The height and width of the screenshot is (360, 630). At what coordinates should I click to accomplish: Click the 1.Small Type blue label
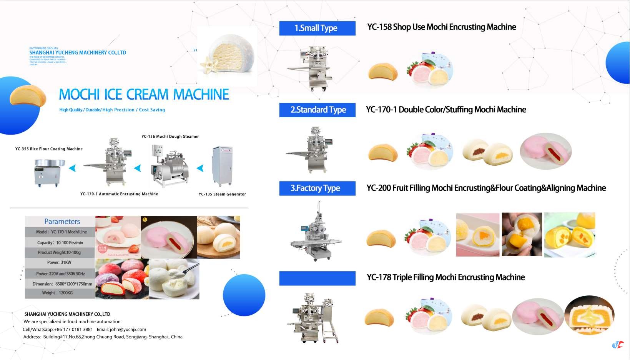pyautogui.click(x=317, y=28)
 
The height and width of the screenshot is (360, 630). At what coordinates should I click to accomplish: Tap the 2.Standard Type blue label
pyautogui.click(x=317, y=110)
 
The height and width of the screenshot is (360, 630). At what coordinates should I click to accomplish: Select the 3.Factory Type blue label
pyautogui.click(x=317, y=188)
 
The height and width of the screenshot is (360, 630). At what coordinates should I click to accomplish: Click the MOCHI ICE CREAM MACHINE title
pyautogui.click(x=144, y=95)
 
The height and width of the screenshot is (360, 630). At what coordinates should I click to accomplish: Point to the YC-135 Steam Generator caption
pyautogui.click(x=222, y=194)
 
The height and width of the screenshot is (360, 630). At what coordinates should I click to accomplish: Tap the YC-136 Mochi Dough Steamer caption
pyautogui.click(x=170, y=137)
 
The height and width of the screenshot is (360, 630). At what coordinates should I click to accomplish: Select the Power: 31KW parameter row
pyautogui.click(x=60, y=263)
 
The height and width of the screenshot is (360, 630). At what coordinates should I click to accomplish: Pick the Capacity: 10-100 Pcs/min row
pyautogui.click(x=60, y=243)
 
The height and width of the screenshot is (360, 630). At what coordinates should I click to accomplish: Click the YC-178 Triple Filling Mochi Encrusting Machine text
pyautogui.click(x=445, y=277)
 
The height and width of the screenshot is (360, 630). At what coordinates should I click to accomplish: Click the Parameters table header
pyautogui.click(x=62, y=222)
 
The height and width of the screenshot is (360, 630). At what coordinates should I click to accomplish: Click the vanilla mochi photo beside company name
pyautogui.click(x=227, y=56)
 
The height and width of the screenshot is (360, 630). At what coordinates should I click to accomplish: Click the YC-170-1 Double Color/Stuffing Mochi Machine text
pyautogui.click(x=446, y=110)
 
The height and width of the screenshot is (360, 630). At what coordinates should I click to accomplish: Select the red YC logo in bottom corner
pyautogui.click(x=618, y=345)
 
